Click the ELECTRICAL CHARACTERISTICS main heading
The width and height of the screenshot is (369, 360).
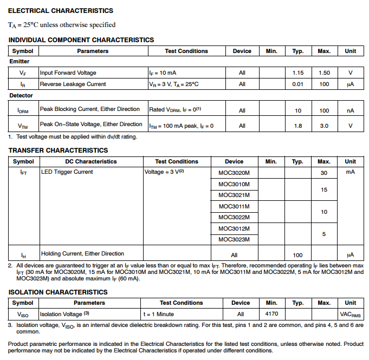61,11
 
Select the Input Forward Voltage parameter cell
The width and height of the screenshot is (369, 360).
68,73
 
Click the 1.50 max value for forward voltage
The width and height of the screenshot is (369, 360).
324,73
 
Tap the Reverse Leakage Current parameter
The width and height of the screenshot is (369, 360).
73,84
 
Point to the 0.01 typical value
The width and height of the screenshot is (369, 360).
298,84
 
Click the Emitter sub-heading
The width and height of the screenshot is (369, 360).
20,62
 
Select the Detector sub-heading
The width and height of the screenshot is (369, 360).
21,96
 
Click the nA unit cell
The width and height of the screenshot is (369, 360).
351,110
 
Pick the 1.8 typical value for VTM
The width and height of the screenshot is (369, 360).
298,126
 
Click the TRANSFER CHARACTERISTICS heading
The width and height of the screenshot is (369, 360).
58,150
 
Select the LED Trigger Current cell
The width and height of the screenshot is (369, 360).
67,172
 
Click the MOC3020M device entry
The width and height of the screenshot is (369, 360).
234,173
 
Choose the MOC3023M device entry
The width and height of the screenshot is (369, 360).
234,240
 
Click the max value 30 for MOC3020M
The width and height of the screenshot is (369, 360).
324,173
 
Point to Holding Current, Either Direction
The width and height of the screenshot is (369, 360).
82,253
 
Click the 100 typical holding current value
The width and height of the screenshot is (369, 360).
297,254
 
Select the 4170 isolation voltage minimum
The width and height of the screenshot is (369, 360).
271,313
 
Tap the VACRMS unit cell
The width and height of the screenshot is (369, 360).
351,314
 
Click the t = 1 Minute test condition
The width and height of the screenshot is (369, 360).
158,314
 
